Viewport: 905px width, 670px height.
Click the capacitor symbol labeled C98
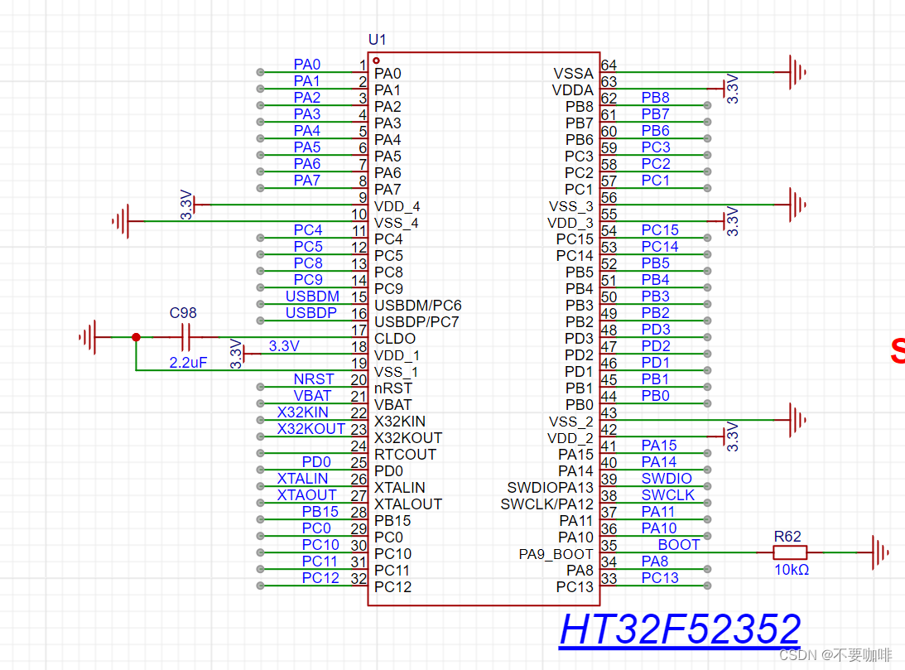coord(186,337)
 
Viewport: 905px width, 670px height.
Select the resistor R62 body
coord(789,552)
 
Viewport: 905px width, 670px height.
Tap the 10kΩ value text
coord(791,570)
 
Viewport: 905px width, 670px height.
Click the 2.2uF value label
coord(188,363)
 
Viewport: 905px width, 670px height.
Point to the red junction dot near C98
coord(137,337)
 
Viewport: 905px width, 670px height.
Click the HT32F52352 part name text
coord(680,630)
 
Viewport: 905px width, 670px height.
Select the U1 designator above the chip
coord(377,40)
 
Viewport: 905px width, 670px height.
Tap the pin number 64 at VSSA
coord(609,65)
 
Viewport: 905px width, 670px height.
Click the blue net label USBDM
coord(312,296)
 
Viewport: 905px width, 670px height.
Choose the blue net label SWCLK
coord(668,495)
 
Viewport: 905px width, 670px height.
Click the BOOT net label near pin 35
coord(679,545)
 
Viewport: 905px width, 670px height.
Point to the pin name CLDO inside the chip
coord(395,339)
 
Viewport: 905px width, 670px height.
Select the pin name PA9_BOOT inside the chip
coord(556,554)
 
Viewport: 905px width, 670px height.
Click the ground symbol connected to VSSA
coord(797,72)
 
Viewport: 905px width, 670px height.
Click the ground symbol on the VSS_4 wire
coord(122,221)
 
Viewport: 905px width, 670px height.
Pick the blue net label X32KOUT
coord(310,429)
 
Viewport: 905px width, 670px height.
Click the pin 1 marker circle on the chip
coord(376,60)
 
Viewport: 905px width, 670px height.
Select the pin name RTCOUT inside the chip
coord(404,455)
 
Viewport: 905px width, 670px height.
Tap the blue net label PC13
coord(660,578)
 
